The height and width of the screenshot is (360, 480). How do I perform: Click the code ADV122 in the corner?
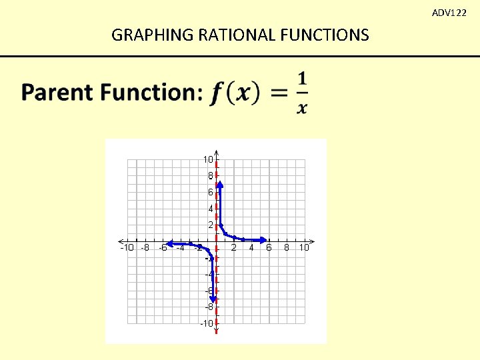pyautogui.click(x=449, y=13)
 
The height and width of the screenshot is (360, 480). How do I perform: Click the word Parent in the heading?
pyautogui.click(x=57, y=92)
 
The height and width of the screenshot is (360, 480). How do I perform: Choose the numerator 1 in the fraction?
pyautogui.click(x=302, y=79)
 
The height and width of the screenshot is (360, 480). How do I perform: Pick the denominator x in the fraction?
pyautogui.click(x=302, y=108)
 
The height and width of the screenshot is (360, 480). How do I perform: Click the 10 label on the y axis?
pyautogui.click(x=208, y=159)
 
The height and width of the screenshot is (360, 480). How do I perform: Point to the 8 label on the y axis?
pyautogui.click(x=210, y=176)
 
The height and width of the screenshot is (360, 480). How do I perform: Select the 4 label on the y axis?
pyautogui.click(x=210, y=209)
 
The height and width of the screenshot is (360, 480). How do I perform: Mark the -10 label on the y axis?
pyautogui.click(x=207, y=323)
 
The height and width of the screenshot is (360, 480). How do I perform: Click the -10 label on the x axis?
pyautogui.click(x=127, y=248)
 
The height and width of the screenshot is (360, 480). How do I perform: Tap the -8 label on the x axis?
pyautogui.click(x=145, y=248)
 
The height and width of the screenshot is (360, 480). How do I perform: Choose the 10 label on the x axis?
pyautogui.click(x=303, y=248)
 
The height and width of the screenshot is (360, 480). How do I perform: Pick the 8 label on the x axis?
pyautogui.click(x=287, y=248)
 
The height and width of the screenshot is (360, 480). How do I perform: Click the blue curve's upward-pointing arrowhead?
pyautogui.click(x=220, y=184)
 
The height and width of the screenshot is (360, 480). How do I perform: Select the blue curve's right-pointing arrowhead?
pyautogui.click(x=265, y=240)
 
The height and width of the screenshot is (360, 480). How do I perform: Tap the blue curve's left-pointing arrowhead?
pyautogui.click(x=170, y=243)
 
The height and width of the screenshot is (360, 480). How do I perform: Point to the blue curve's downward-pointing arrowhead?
pyautogui.click(x=213, y=299)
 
